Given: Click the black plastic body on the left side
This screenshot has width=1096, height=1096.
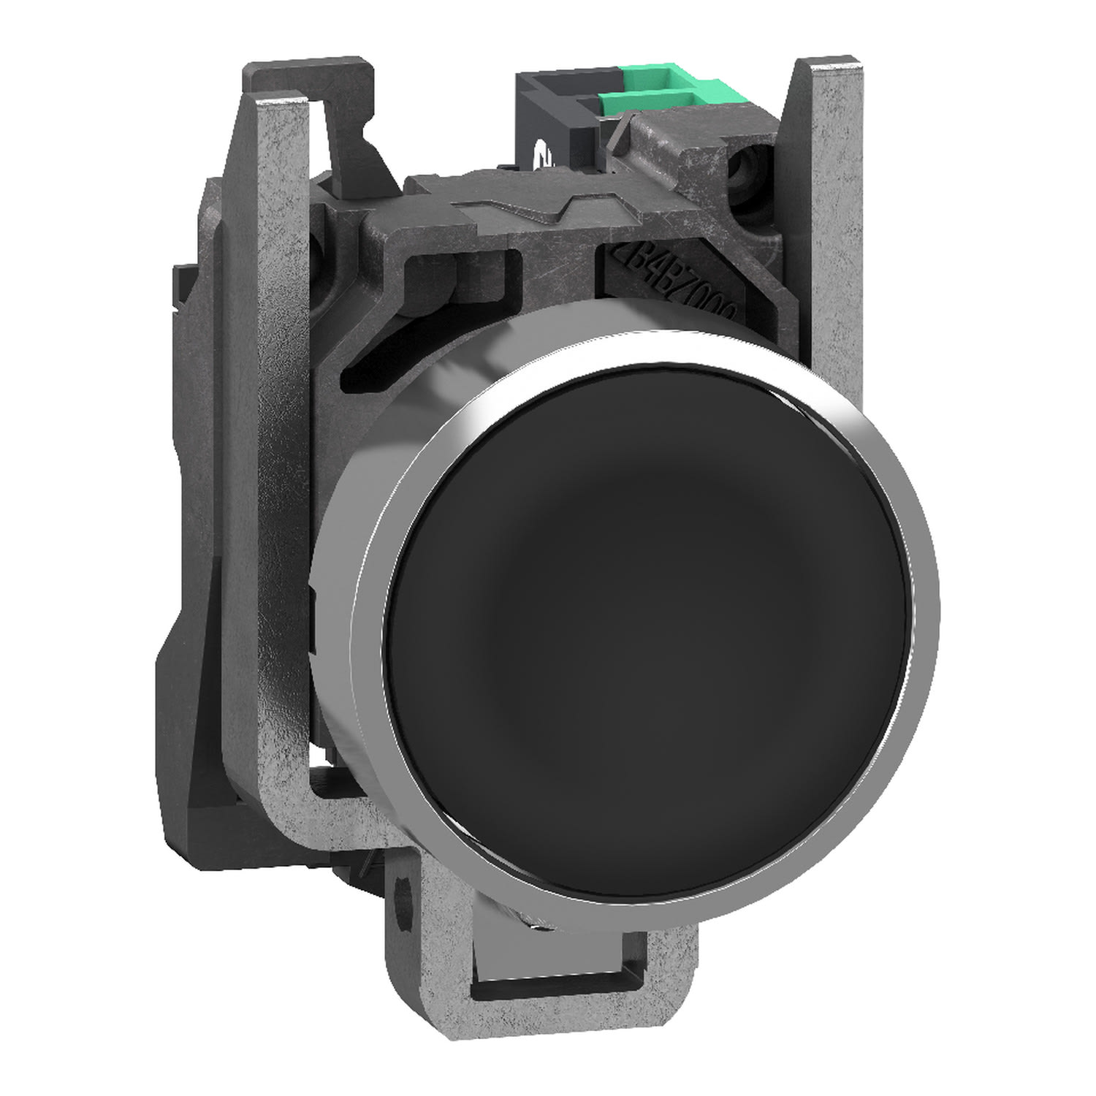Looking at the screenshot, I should pos(197,658).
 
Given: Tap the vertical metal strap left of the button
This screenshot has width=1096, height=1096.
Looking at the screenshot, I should pos(289,585).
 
